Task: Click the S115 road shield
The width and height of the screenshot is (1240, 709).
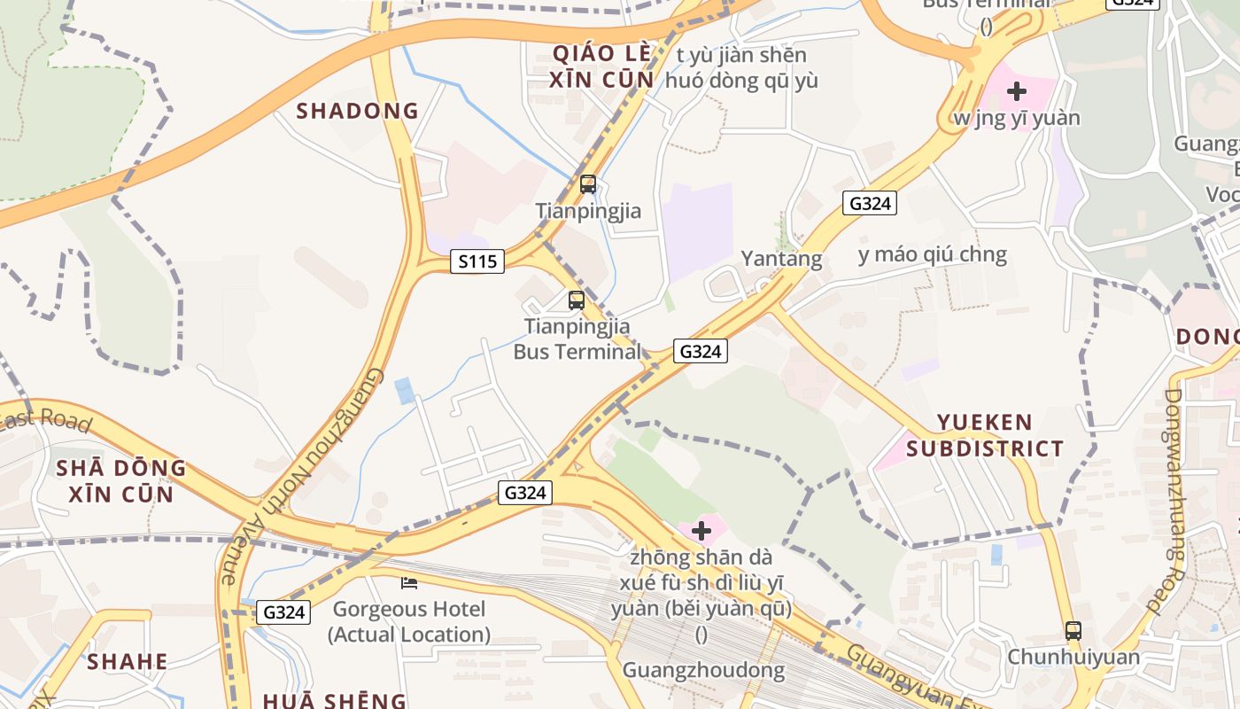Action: tap(477, 261)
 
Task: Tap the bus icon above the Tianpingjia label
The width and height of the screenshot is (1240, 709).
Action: tap(588, 184)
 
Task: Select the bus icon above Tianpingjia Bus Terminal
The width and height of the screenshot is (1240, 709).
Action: tap(577, 300)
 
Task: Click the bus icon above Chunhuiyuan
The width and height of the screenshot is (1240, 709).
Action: tap(1073, 631)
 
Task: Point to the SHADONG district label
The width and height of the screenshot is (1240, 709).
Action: tap(357, 111)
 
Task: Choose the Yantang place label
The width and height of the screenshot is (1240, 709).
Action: tap(781, 259)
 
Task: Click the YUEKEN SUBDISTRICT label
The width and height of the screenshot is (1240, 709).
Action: tap(985, 435)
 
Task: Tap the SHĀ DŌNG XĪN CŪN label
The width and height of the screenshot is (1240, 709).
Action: tap(121, 480)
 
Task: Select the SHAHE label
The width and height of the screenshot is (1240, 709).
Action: tap(128, 661)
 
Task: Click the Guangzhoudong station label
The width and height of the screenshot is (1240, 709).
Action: tap(703, 670)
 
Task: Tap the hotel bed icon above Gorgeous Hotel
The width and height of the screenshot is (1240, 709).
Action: tap(409, 582)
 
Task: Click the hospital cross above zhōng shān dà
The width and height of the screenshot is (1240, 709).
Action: tap(701, 531)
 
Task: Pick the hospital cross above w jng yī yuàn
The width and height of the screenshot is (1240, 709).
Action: tap(1017, 90)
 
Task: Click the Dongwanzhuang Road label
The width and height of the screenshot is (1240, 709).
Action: tap(1174, 501)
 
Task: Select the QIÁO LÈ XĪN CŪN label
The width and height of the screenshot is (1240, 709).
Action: tap(602, 66)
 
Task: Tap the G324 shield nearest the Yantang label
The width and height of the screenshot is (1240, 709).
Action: tap(870, 203)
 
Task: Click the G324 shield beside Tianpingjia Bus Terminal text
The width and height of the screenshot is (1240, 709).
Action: tap(700, 351)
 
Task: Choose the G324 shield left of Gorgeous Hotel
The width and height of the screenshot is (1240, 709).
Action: tap(284, 612)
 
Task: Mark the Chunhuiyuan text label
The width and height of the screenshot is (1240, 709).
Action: tap(1073, 658)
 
